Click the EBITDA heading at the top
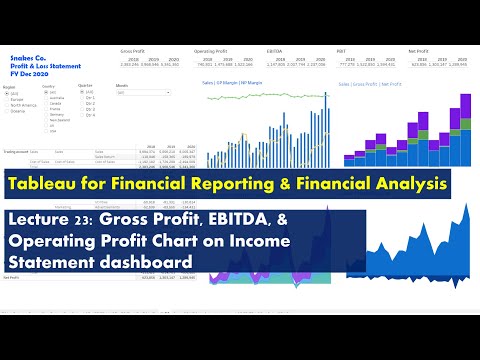pos(273,49)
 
